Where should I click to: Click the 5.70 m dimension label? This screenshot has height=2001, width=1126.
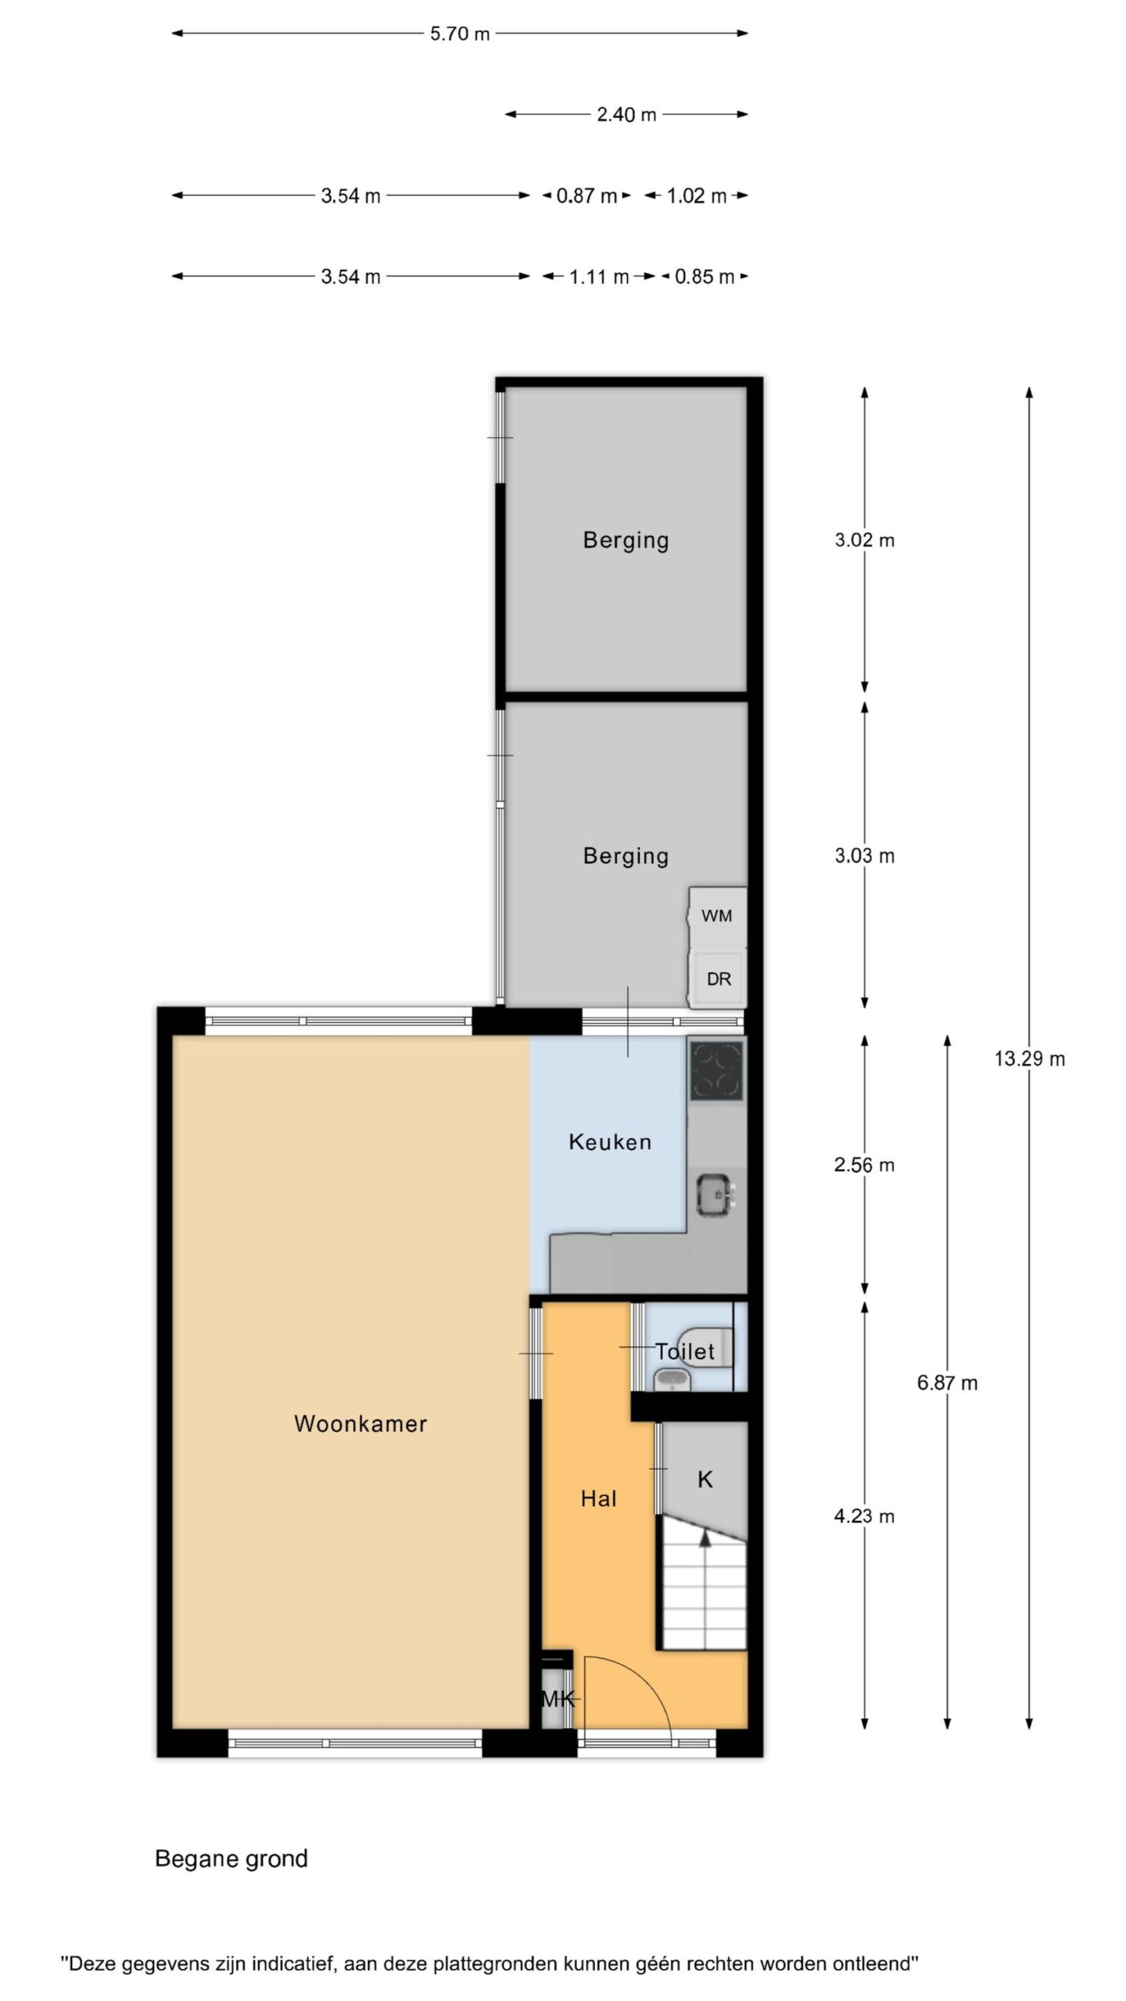[x=460, y=34]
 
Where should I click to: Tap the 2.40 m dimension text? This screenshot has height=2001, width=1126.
[x=626, y=115]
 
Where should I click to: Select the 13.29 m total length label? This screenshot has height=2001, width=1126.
[x=1029, y=1059]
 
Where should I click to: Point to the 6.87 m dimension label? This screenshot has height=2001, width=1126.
[x=947, y=1384]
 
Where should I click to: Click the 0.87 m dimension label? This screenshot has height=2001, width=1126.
[x=586, y=196]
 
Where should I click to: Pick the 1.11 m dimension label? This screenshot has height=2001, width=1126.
[x=599, y=277]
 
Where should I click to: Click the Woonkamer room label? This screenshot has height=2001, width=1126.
[x=360, y=1423]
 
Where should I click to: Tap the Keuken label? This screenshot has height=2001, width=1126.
[x=610, y=1142]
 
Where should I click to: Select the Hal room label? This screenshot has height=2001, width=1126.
[x=599, y=1498]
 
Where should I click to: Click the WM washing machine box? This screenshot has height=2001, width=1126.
[x=717, y=916]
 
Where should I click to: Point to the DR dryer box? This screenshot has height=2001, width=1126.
[x=719, y=979]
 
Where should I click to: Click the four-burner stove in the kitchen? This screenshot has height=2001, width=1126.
[x=716, y=1071]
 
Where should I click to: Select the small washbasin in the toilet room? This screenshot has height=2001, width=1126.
[x=672, y=1380]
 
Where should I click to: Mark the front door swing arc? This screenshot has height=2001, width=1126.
[x=643, y=1678]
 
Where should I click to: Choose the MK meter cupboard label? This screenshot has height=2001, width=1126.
[x=558, y=1699]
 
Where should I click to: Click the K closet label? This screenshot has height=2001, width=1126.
[x=705, y=1480]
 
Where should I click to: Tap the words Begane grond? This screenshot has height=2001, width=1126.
[x=231, y=1859]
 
